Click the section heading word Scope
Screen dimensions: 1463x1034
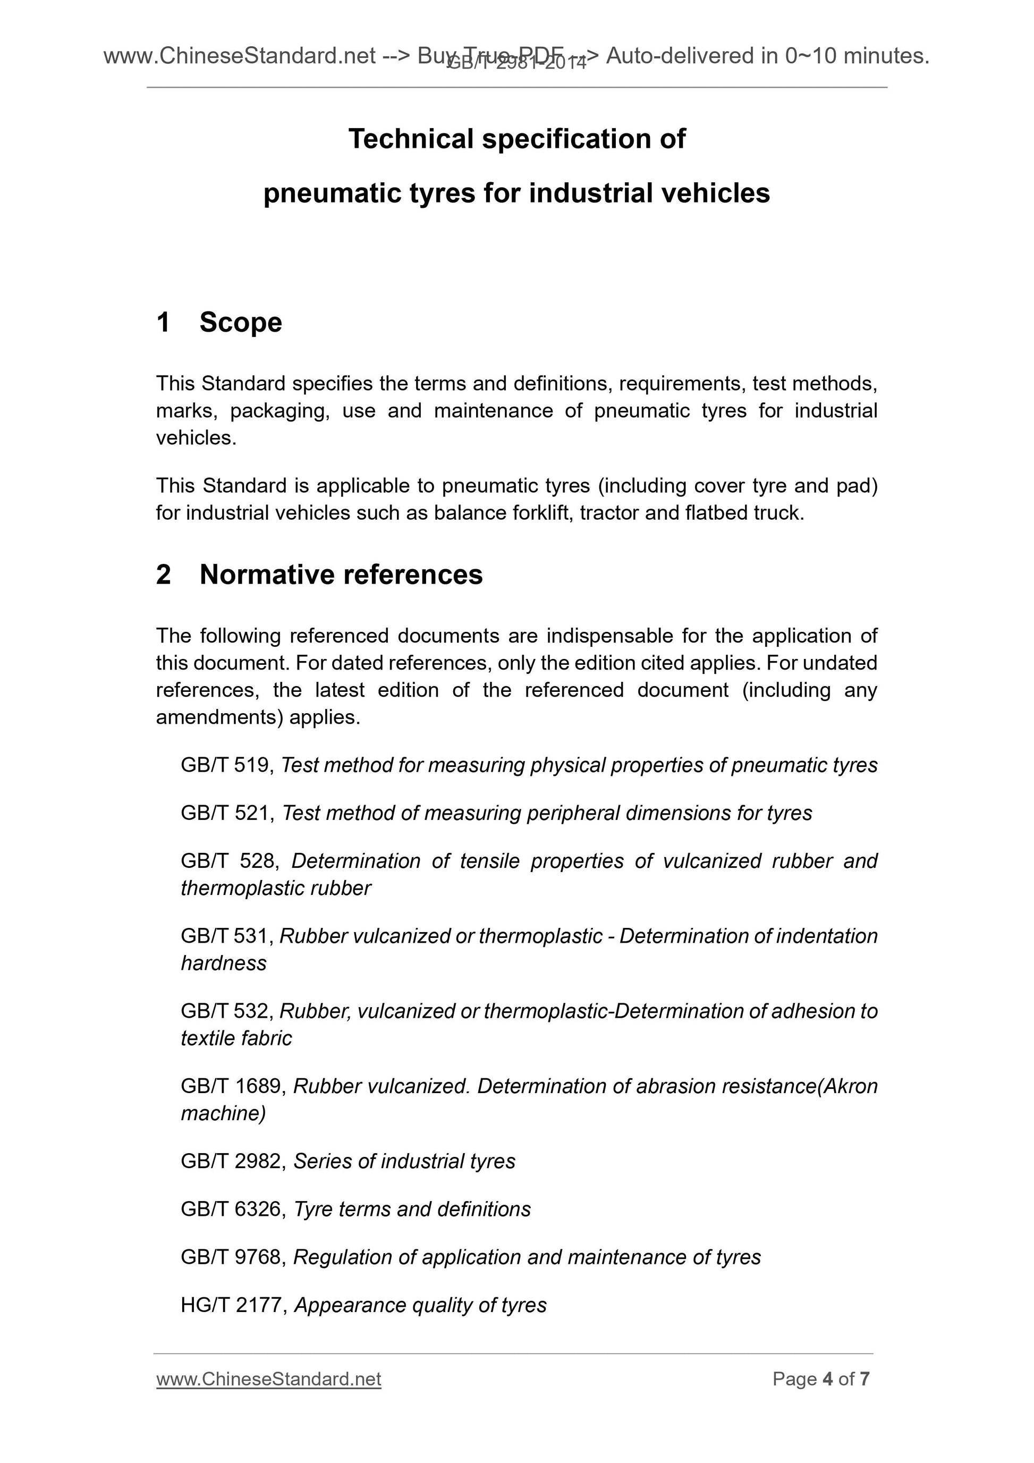240,323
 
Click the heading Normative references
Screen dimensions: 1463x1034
341,575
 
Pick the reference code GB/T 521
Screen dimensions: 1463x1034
225,813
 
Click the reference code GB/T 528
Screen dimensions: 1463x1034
227,861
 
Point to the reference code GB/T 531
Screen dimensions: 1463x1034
225,936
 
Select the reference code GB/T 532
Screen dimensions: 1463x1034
225,1011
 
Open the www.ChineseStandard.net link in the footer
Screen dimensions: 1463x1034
268,1379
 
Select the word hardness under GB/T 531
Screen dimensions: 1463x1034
224,963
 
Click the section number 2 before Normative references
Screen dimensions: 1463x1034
164,575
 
